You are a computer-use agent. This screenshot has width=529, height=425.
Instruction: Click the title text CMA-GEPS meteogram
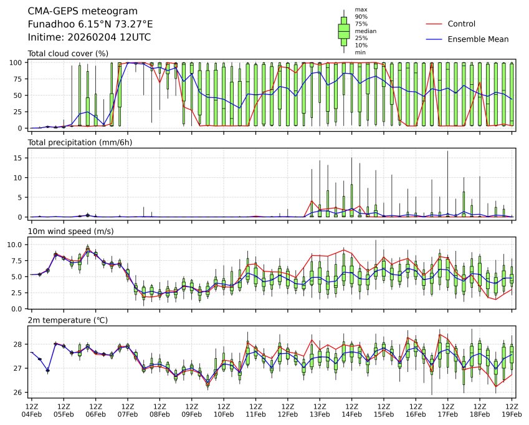(75, 11)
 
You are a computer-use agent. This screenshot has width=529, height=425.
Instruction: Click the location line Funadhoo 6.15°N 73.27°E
(90, 24)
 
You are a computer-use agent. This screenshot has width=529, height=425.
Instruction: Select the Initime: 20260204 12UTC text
(89, 37)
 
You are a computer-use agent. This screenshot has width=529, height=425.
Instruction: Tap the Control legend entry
(460, 24)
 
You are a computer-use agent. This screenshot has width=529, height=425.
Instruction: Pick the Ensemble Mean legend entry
(478, 39)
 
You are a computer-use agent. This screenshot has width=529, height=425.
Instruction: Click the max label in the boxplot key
(360, 10)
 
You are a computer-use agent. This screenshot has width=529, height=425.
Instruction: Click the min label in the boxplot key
(360, 52)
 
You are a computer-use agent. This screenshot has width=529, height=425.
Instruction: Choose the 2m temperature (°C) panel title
(68, 320)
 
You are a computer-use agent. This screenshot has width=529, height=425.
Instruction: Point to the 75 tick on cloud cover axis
(19, 79)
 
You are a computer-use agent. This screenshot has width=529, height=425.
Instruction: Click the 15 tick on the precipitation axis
(19, 158)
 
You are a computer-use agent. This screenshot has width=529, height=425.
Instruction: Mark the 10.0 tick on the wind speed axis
(16, 245)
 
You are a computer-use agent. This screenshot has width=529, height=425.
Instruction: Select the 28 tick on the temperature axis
(19, 344)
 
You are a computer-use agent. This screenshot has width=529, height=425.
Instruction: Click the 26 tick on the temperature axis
(19, 393)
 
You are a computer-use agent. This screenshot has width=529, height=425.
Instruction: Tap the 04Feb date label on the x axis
(31, 413)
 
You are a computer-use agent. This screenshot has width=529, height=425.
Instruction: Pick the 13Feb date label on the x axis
(320, 413)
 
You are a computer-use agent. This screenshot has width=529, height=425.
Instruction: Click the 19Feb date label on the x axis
(512, 413)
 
